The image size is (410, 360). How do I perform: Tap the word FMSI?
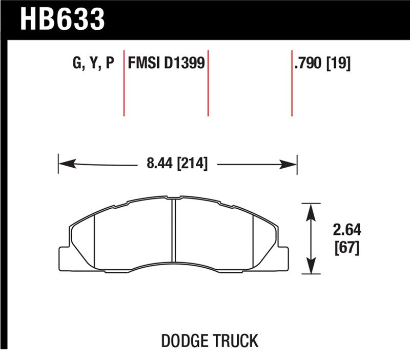coord(143,64)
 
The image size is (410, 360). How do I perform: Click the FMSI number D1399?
coord(184,64)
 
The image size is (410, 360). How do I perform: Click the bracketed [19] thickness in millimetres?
coord(338,64)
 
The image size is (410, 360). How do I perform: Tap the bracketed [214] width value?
coord(191,164)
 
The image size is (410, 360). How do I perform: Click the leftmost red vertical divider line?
coord(124,82)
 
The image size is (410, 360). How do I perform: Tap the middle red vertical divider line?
coord(208,82)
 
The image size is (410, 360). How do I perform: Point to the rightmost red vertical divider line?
coord(292,82)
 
